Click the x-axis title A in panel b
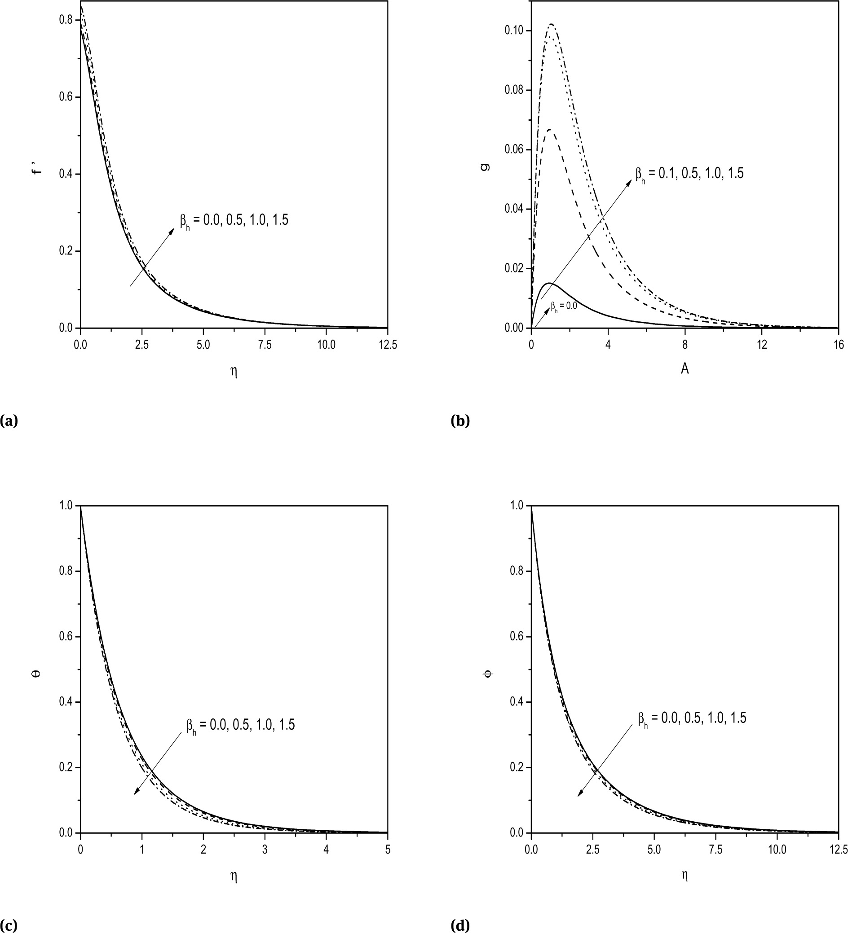click(685, 369)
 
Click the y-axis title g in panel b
click(484, 166)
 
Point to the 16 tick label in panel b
click(838, 345)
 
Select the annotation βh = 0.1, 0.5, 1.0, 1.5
click(689, 175)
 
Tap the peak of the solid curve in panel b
click(549, 283)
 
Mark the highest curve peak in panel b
click(552, 24)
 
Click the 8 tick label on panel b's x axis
click(685, 345)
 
